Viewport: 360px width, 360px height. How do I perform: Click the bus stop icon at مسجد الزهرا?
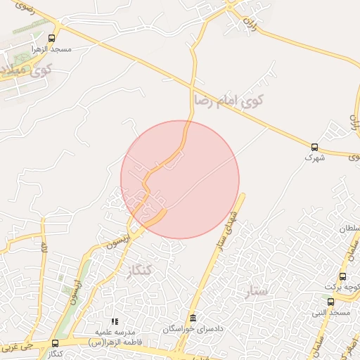tap(51, 39)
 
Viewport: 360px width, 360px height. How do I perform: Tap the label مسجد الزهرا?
tap(50, 50)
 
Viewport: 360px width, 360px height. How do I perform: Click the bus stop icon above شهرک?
tap(314, 147)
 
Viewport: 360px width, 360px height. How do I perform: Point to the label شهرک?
tap(314, 158)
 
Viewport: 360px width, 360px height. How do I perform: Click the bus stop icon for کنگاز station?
tap(55, 342)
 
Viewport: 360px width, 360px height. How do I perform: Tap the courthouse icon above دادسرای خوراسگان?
tap(193, 317)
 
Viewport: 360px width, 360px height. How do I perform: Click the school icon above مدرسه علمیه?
tap(115, 321)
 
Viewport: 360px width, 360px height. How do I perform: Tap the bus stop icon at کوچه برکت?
tap(342, 276)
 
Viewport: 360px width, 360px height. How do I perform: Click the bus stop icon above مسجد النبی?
tap(330, 302)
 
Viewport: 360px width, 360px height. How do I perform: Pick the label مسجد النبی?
tap(333, 312)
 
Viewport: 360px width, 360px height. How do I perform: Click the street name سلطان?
tap(349, 229)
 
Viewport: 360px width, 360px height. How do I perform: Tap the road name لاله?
tap(44, 247)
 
